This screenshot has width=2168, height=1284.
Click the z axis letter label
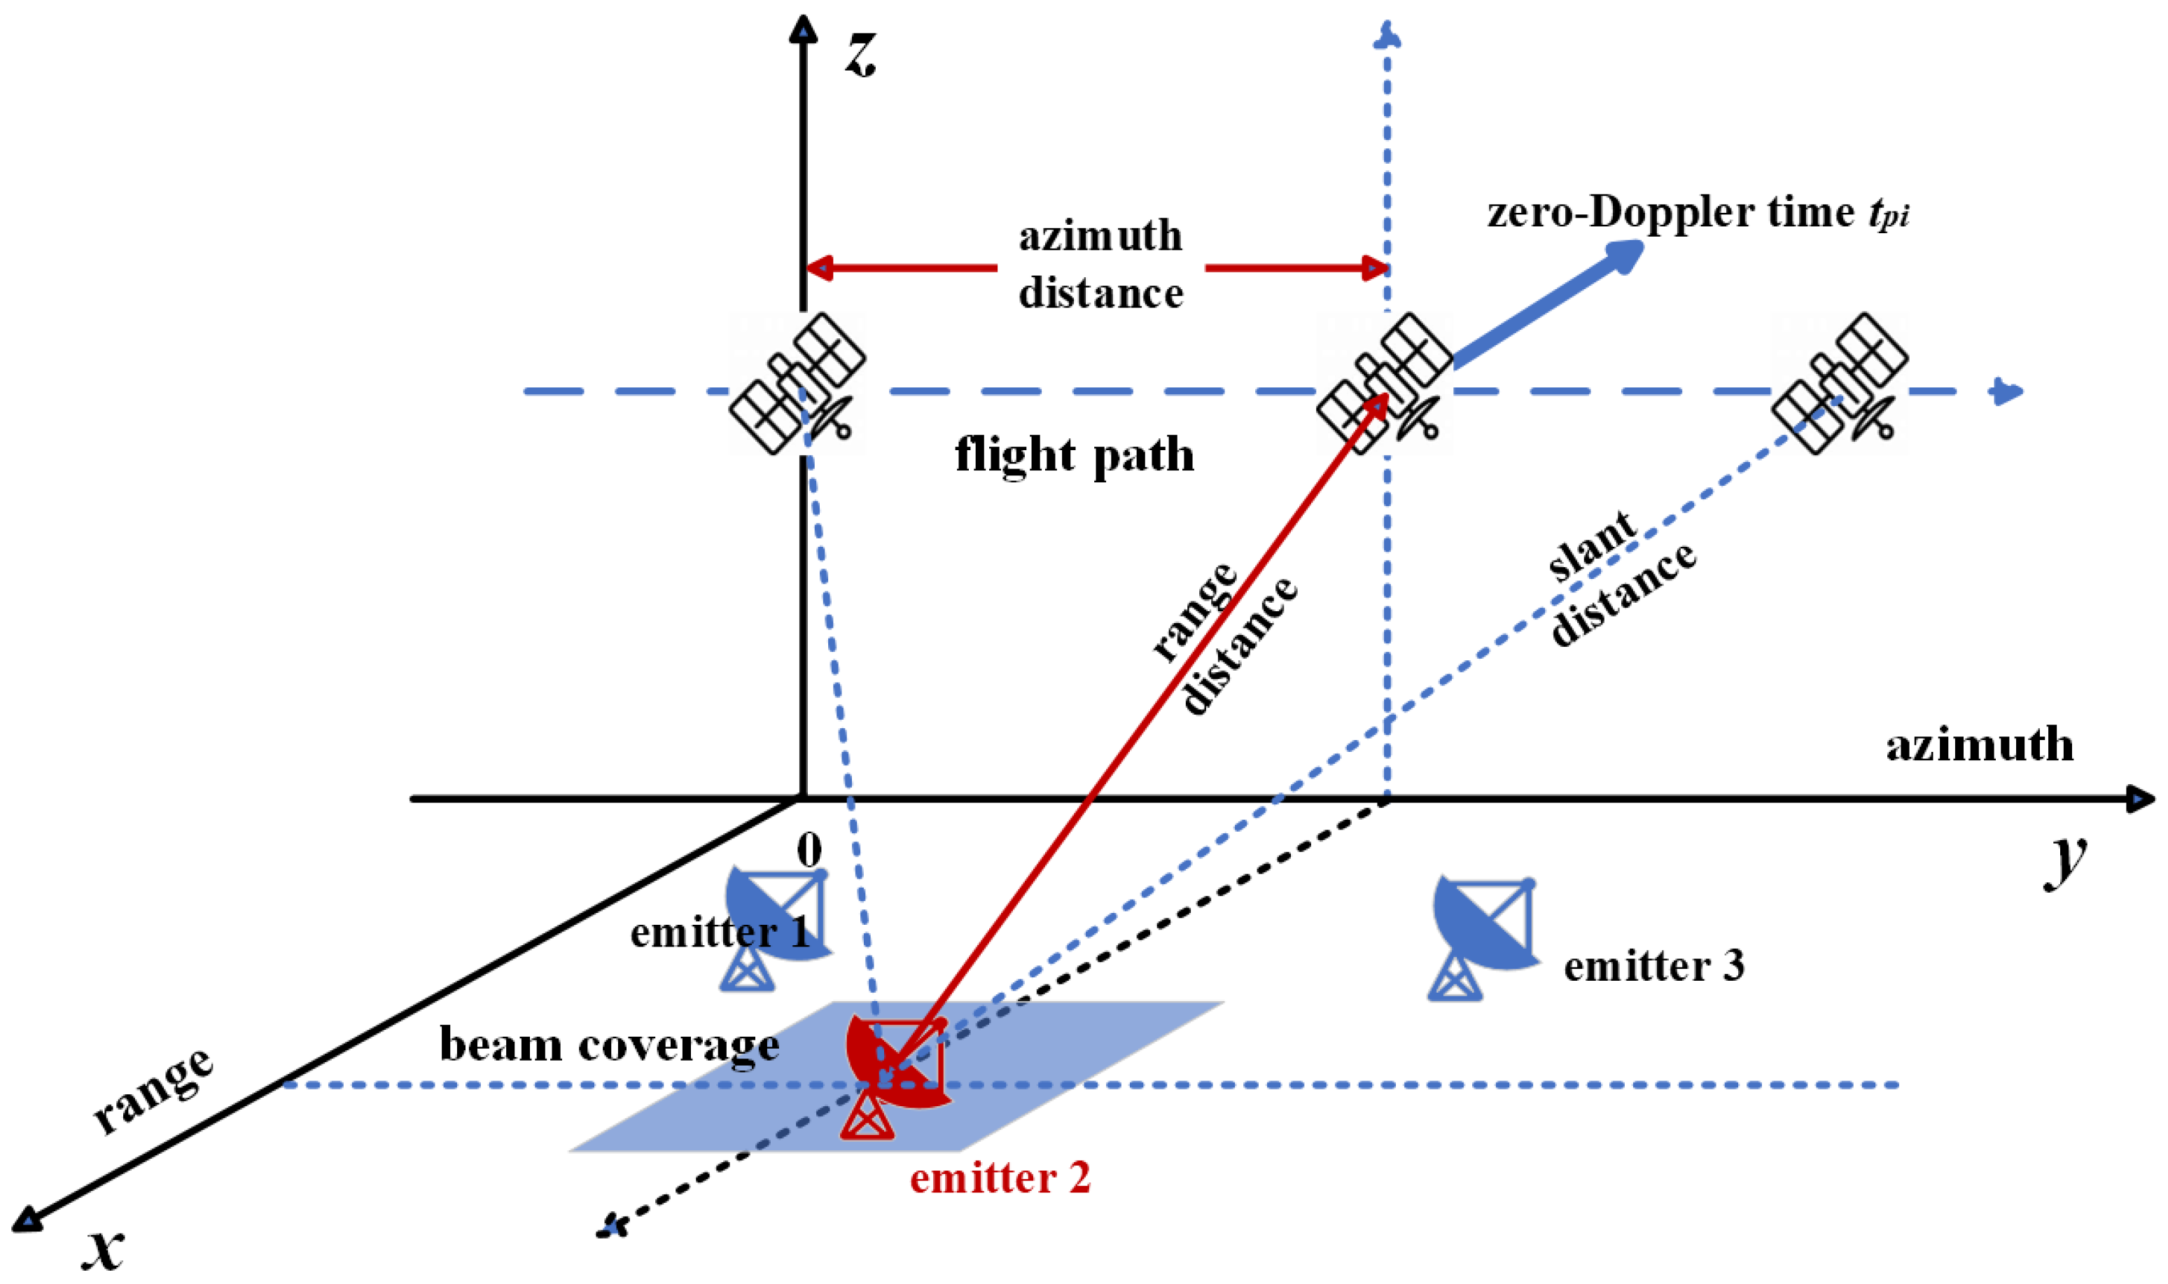tap(861, 54)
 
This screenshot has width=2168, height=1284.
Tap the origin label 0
tap(809, 851)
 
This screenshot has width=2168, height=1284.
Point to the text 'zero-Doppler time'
tap(1670, 212)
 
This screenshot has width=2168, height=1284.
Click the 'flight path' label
tap(1074, 455)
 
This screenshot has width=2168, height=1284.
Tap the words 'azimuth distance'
tap(1100, 264)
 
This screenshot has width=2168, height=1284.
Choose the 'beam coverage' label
tap(609, 1045)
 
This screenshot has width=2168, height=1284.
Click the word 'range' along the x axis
tap(153, 1090)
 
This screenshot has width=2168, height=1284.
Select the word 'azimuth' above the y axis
tap(1980, 745)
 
